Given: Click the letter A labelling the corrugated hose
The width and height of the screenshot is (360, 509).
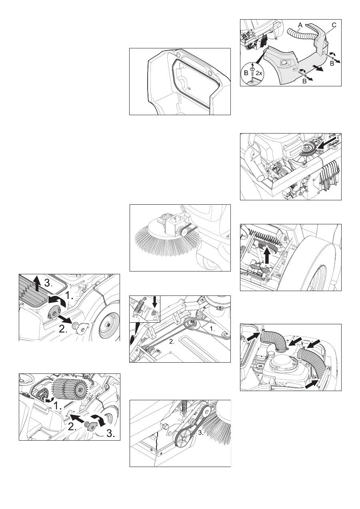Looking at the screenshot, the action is click(x=300, y=26).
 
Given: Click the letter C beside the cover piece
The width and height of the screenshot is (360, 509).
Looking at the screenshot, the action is click(x=334, y=25).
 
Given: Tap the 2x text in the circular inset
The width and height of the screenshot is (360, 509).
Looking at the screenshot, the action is click(x=259, y=73).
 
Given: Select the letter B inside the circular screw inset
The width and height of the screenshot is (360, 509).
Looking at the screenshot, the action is click(x=246, y=73).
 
